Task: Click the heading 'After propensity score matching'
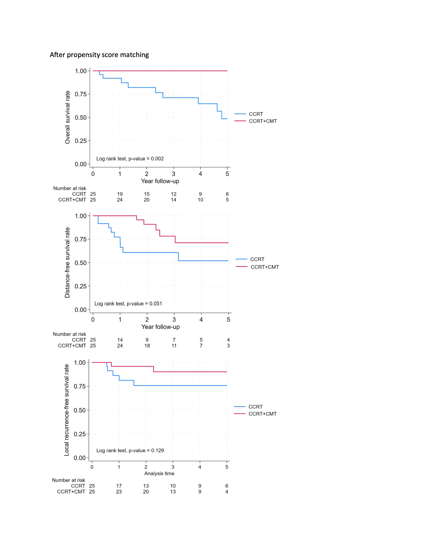(99, 55)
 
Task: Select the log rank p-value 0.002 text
(130, 159)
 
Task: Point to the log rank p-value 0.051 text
(128, 304)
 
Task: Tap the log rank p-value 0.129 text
(130, 450)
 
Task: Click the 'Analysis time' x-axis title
(159, 473)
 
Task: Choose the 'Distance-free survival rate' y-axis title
(67, 262)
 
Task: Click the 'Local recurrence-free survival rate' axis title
(66, 410)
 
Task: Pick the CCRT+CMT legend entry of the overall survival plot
(263, 121)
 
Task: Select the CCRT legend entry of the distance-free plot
(257, 259)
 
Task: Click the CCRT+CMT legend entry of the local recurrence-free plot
(262, 414)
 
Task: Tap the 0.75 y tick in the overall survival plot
(81, 94)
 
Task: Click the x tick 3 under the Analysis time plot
(173, 467)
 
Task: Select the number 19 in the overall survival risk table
(120, 194)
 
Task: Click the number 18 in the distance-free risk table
(147, 346)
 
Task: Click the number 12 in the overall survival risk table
(174, 194)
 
